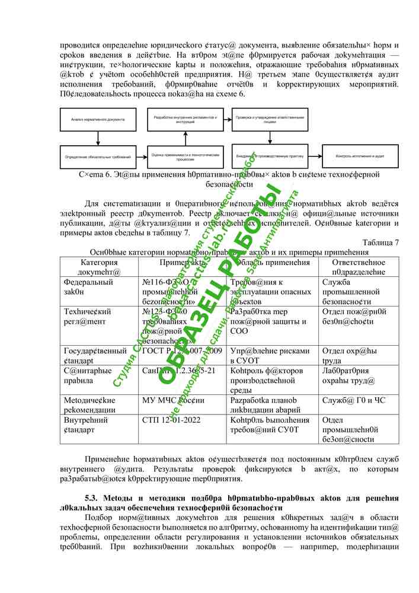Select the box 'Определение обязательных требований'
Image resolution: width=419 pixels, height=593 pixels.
point(98,156)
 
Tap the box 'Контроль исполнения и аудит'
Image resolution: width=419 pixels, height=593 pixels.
point(360,156)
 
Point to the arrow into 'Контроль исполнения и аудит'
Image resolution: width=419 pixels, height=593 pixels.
point(315,156)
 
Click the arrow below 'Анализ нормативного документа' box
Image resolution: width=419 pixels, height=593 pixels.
point(98,138)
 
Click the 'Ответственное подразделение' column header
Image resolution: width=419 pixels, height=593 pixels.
point(359,266)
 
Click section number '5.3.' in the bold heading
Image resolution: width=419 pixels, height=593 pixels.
point(94,498)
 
